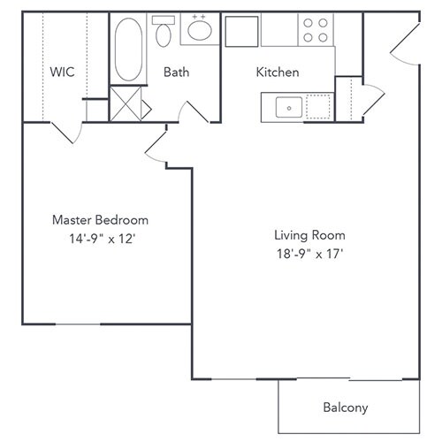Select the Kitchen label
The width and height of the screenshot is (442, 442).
[x=277, y=72]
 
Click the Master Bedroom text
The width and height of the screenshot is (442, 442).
[x=100, y=220]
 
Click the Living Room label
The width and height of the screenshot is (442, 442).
[x=309, y=235]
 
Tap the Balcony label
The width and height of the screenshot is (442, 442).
[x=345, y=408]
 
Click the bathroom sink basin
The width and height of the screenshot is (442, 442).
[x=199, y=32]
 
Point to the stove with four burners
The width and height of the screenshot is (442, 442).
[x=316, y=30]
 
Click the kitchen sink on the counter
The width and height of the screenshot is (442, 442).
[x=287, y=108]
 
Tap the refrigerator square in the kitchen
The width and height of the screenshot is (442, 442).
[x=240, y=30]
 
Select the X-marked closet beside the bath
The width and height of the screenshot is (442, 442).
[x=126, y=104]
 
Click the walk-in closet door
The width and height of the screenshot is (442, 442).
[x=67, y=133]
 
